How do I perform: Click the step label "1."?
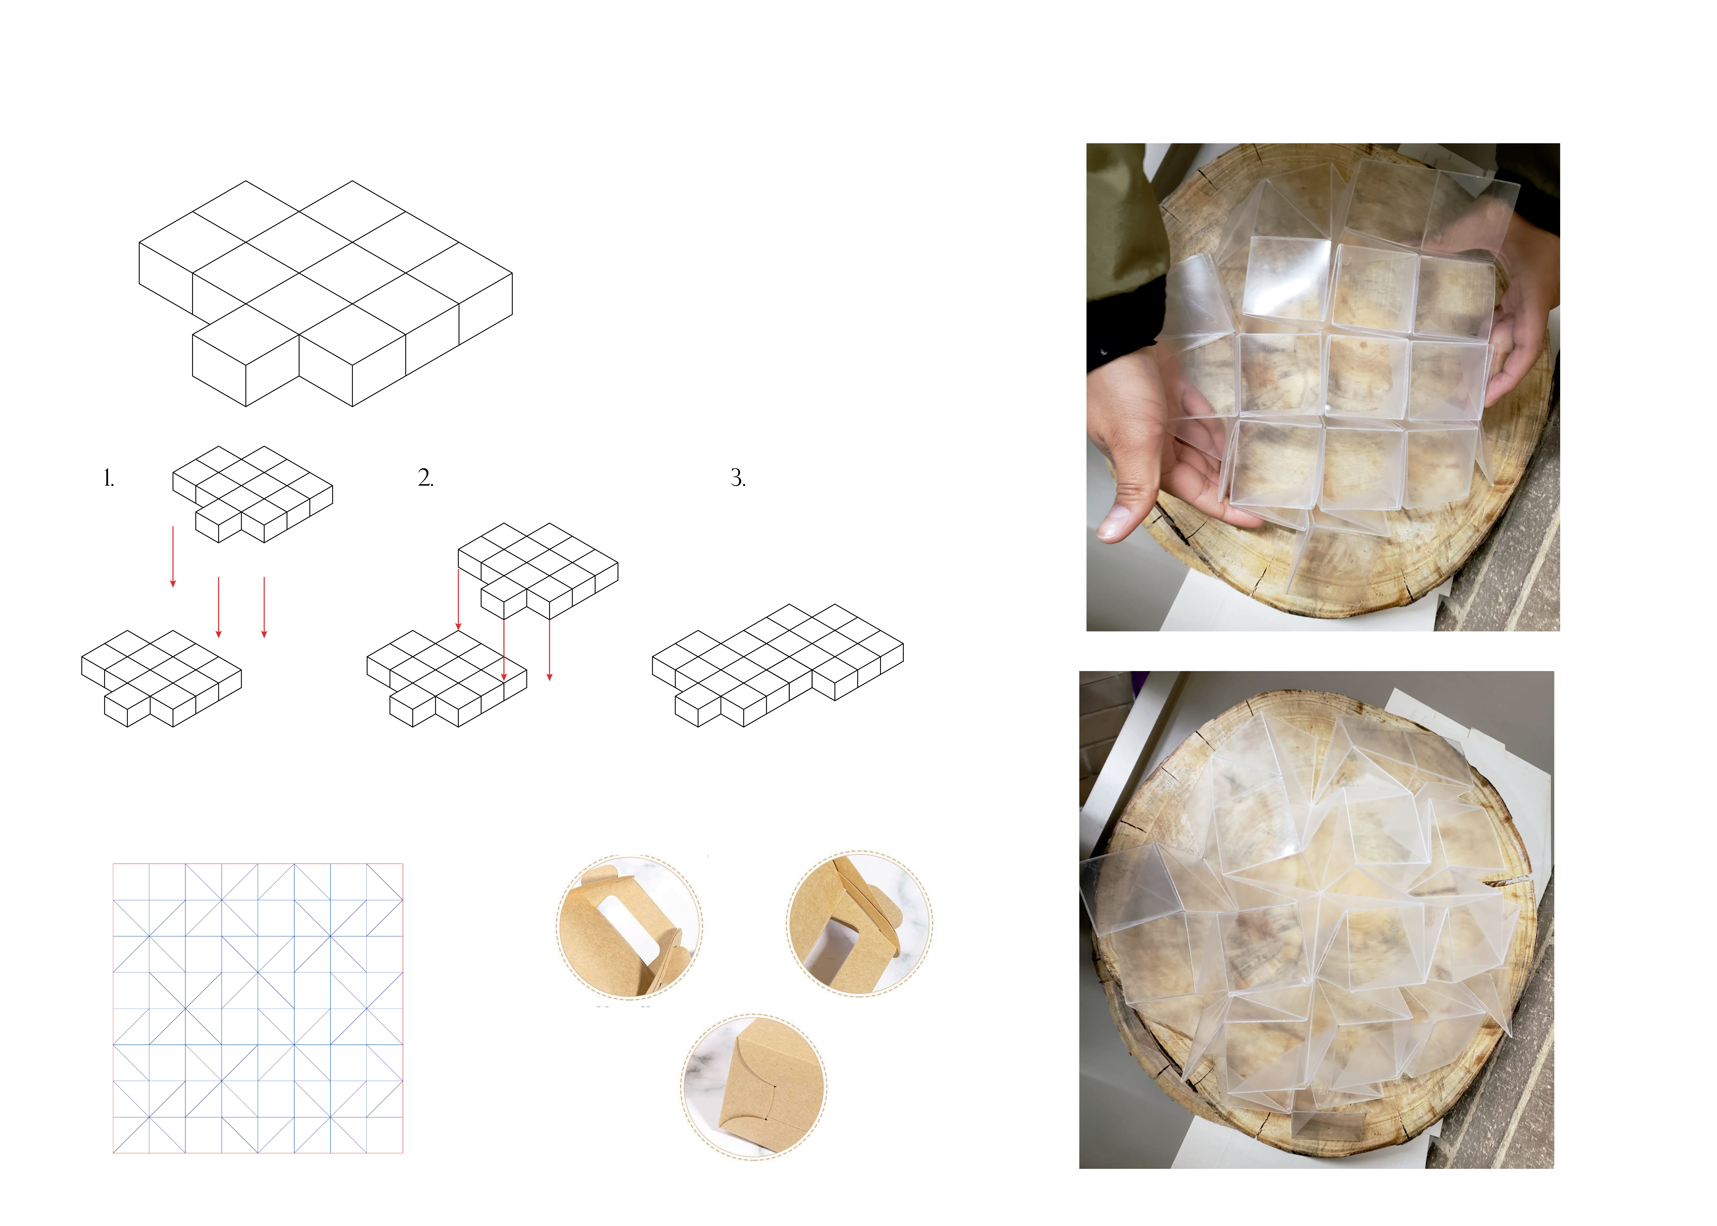109,478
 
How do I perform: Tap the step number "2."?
426,478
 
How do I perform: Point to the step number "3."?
738,478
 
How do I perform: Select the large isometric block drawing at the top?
325,294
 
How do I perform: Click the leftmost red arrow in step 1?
173,556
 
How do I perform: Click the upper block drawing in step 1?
252,494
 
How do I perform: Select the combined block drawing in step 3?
778,665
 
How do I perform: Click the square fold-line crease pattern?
258,1008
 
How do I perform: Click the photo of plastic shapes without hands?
1316,920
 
